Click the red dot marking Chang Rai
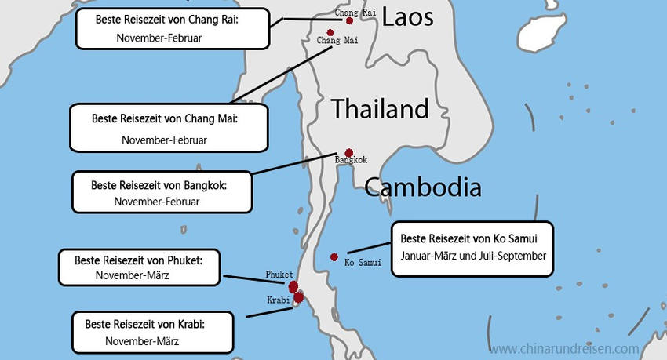(x=360, y=21)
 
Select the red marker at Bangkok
(x=349, y=153)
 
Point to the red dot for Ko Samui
(x=334, y=256)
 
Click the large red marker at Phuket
(x=293, y=287)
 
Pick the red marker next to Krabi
(x=297, y=298)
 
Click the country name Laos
(x=407, y=16)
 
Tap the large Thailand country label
(x=380, y=109)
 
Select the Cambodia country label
(x=422, y=187)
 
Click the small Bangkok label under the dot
(x=351, y=161)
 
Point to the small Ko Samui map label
(x=363, y=263)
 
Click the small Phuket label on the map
(x=279, y=275)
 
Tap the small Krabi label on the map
(x=278, y=300)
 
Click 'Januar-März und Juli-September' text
(x=472, y=256)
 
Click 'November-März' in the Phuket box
(x=132, y=275)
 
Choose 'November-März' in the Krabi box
(x=142, y=341)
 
